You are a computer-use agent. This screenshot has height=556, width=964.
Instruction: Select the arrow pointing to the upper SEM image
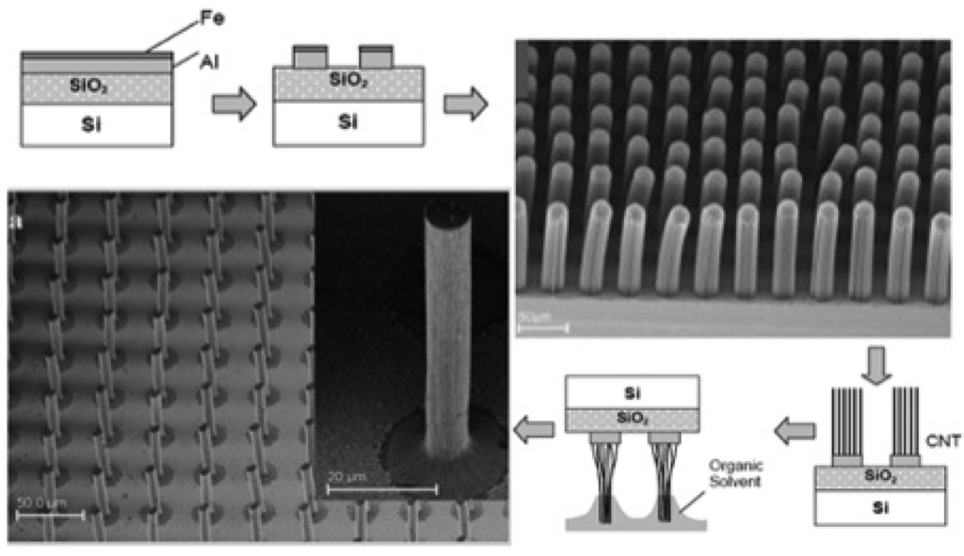click(465, 103)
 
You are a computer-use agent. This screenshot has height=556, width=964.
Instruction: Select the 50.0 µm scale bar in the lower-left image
click(52, 514)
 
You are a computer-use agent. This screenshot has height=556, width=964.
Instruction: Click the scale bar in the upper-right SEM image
click(544, 328)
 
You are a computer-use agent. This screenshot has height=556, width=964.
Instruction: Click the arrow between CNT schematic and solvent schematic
click(793, 431)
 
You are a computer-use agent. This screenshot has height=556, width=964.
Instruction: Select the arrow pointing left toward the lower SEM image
click(534, 431)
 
